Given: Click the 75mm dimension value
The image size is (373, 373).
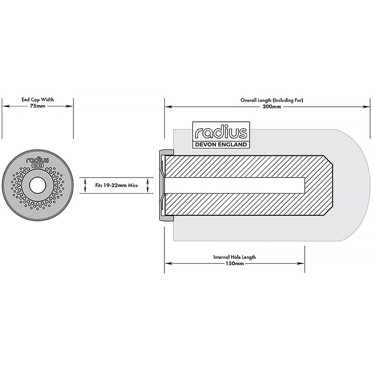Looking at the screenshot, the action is [38, 106].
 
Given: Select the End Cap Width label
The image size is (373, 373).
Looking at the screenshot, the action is [38, 100].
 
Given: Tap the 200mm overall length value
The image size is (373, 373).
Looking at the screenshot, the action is [272, 107].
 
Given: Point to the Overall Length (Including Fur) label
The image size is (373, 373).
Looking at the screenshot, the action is [272, 100].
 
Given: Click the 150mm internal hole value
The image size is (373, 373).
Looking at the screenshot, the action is [235, 263].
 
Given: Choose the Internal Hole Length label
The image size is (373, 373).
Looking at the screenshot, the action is [235, 257].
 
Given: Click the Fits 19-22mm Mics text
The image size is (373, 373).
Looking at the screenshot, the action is [116, 185].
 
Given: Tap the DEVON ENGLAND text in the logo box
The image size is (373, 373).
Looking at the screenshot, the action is [221, 144].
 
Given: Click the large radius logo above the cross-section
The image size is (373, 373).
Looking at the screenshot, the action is [221, 132].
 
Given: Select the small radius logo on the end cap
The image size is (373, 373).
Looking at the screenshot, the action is [38, 160].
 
